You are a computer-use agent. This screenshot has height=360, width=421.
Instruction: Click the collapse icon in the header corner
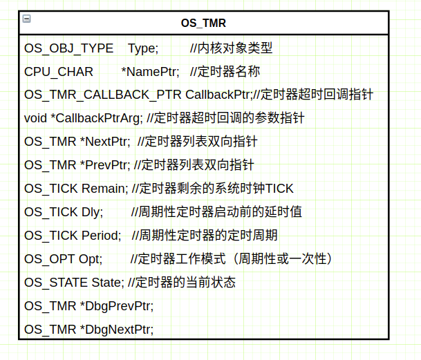26,19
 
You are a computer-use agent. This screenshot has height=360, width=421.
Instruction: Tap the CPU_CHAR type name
53,71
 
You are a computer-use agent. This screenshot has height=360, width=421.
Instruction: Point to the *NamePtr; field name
150,71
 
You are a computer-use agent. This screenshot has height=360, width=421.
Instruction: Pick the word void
35,118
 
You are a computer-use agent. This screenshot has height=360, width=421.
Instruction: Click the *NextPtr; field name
104,142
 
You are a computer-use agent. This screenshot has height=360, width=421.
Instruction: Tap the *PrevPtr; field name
104,165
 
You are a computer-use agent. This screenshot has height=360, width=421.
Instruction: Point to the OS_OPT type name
49,258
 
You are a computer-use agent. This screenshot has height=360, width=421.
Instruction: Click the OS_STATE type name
56,282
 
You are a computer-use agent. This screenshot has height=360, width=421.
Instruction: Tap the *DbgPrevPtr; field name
116,305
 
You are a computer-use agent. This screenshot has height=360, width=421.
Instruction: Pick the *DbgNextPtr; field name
116,329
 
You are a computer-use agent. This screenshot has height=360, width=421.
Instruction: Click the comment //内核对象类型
231,48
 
